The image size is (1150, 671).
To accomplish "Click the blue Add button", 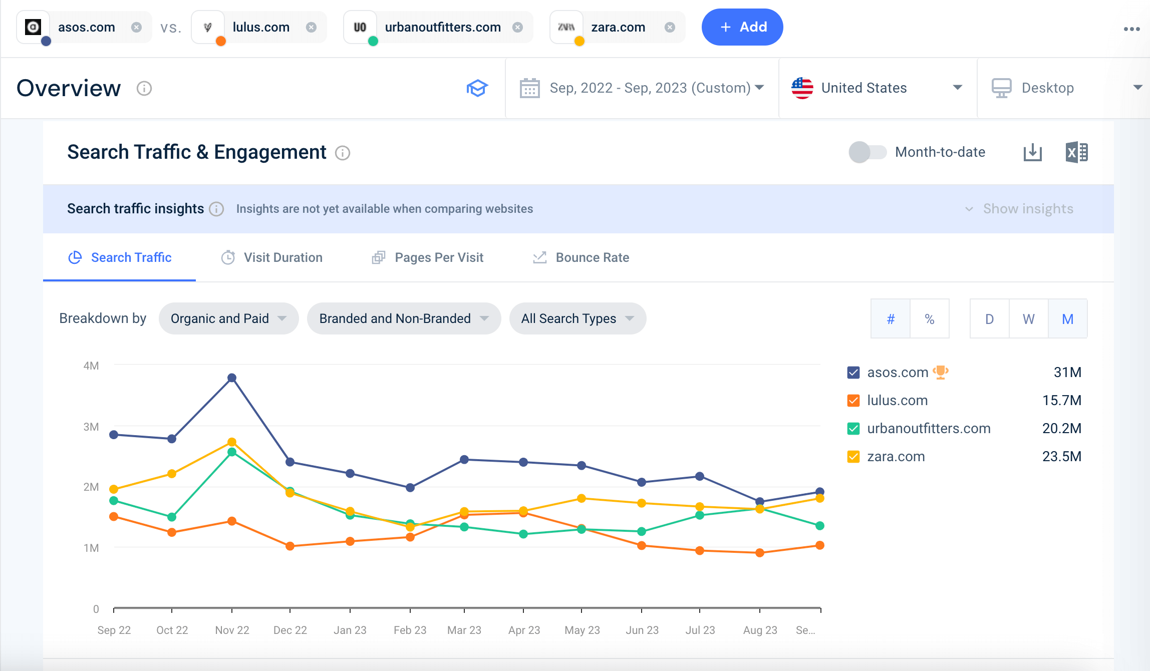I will (742, 27).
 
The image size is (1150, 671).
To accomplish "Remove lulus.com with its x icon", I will (311, 27).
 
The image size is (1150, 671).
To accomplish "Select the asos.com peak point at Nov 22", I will (232, 378).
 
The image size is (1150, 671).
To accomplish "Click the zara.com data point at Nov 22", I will (232, 442).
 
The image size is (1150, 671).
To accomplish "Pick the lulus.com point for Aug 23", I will (760, 553).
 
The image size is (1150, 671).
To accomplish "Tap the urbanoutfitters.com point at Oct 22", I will (172, 517).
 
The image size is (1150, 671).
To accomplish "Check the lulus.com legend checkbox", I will (853, 401).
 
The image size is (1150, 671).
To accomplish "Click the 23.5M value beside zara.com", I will (1061, 457).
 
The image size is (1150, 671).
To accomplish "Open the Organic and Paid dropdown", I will (228, 318).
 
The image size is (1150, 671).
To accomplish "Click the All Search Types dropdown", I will (578, 318).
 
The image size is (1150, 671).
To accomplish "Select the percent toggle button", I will (930, 319).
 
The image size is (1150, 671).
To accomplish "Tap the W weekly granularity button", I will (1028, 319).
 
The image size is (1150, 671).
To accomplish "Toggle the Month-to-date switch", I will (868, 152).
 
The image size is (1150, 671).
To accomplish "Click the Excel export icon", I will (1076, 152).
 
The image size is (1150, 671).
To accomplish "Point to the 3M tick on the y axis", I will (91, 427).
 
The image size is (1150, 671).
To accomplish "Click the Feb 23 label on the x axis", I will (410, 630).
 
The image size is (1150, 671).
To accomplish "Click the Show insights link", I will (1028, 209).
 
